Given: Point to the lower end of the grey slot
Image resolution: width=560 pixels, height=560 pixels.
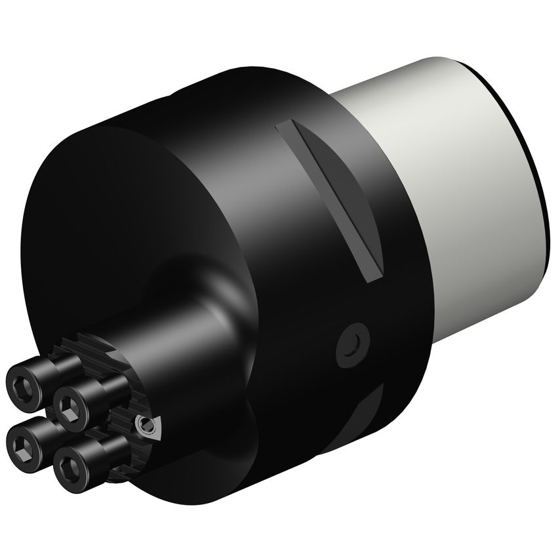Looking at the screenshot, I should coord(372,277).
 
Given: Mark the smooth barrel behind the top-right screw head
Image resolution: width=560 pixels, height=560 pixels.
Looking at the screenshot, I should coord(98,387).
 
